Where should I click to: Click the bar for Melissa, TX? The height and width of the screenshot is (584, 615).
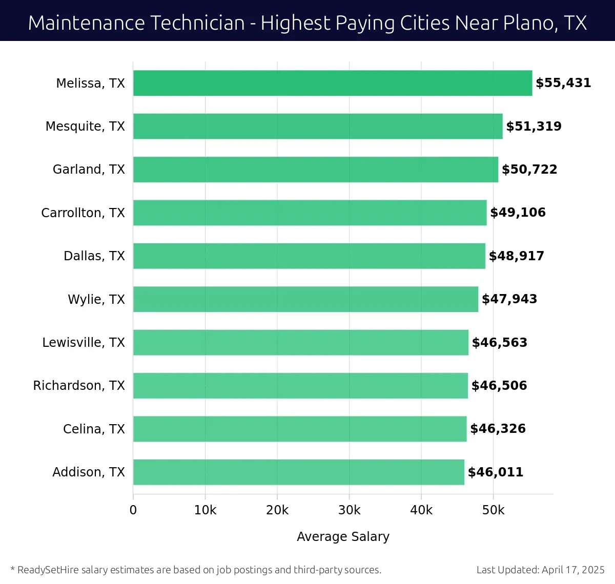(332, 83)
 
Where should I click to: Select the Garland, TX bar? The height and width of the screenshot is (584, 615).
(315, 170)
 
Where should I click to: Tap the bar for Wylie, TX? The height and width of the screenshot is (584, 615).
(305, 299)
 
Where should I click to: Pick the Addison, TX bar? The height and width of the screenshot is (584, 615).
(298, 472)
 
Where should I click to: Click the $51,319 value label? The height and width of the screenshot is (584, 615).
(534, 127)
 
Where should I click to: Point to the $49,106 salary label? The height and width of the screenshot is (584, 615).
(518, 213)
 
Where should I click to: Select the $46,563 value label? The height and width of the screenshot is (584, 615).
(499, 342)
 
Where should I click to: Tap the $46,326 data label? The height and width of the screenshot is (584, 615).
(498, 429)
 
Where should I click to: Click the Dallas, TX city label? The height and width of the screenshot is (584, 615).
(94, 256)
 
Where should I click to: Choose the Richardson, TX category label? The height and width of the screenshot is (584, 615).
(79, 386)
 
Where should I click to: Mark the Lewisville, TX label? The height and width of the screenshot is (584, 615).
(84, 342)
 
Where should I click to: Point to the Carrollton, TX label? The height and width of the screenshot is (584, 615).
(83, 213)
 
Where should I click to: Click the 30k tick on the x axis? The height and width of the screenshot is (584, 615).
(349, 510)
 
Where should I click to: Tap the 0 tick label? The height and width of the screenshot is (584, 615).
(133, 510)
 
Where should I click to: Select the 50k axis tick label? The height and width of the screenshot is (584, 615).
(493, 510)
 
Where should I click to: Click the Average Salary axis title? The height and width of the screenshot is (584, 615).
(343, 536)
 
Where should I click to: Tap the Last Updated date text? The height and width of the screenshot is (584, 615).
(540, 570)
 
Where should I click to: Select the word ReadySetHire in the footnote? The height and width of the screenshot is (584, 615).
(48, 570)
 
